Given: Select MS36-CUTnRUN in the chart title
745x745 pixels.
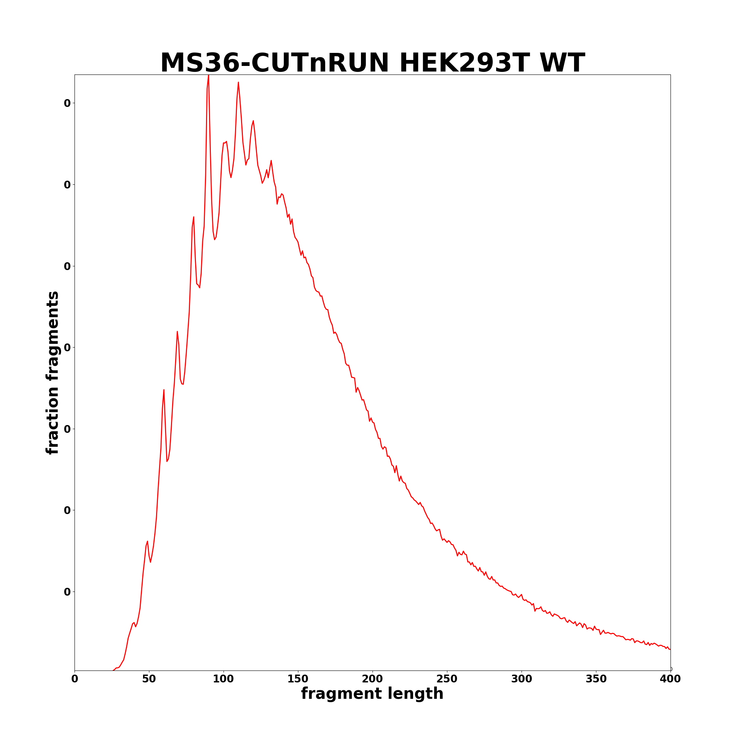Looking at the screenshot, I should click(275, 63).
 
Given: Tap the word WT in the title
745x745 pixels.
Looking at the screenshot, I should click(562, 63).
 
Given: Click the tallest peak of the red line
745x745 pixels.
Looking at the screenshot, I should click(209, 76).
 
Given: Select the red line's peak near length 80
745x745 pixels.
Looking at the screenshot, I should click(194, 217).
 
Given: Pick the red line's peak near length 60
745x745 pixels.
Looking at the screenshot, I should click(164, 390).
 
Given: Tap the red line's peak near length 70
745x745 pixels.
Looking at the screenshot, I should click(177, 332).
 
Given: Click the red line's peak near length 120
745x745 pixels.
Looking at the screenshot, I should click(253, 121).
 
